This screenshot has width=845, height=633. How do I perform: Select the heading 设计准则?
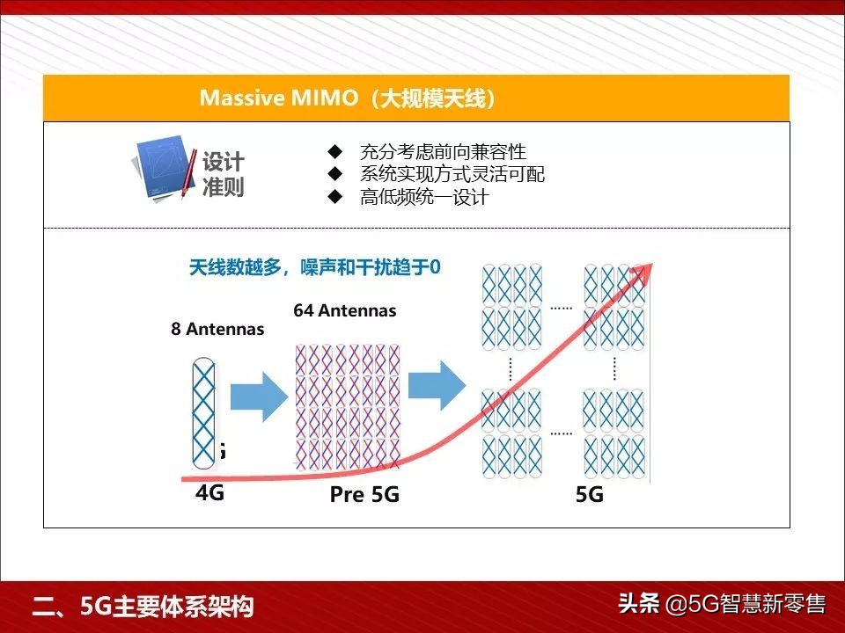[223, 174]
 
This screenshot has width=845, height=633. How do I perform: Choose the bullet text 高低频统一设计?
[423, 197]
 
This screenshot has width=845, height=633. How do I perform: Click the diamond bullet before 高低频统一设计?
[334, 197]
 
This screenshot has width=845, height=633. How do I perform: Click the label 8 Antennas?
[217, 330]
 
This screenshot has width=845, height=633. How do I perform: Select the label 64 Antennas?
[344, 310]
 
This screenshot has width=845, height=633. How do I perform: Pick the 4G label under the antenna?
[209, 493]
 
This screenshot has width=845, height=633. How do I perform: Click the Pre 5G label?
[364, 495]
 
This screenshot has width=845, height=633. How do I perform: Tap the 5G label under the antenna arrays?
[589, 495]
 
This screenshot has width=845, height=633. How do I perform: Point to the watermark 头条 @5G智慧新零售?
[721, 604]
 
